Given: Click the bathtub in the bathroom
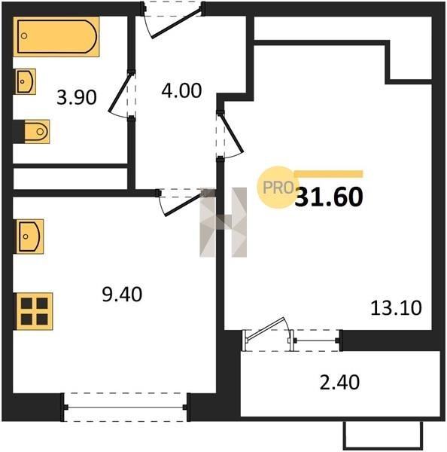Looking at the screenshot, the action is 56,37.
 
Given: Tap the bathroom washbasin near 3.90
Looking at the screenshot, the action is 26,81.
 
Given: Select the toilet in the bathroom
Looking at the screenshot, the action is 37,132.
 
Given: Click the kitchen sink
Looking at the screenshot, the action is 29,237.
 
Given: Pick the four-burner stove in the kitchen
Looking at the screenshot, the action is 35,311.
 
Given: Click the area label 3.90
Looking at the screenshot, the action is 77,97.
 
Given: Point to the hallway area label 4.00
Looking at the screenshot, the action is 181,90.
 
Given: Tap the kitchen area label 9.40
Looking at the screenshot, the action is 122,295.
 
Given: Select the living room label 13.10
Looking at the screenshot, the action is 396,308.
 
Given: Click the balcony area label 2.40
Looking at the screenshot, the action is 340,382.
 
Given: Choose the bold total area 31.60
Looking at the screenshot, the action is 329,197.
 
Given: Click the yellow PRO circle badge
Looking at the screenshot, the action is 278,188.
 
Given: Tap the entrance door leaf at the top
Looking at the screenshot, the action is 176,23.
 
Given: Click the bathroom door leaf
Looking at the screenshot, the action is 119,93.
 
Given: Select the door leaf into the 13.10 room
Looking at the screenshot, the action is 232,133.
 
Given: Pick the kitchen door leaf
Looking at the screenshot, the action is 183,205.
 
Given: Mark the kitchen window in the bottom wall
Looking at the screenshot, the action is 126,407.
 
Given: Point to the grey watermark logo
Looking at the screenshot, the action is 223,222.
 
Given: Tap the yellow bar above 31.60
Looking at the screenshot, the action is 329,174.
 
